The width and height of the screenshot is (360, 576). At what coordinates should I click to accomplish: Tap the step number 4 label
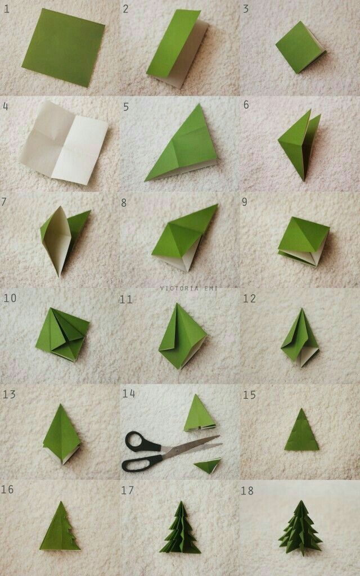6,105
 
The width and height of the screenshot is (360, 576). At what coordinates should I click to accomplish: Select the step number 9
245,201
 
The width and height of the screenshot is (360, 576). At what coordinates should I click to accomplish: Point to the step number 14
129,394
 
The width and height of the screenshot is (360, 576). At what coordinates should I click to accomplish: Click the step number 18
247,490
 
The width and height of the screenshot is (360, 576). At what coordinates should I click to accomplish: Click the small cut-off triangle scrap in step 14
208,465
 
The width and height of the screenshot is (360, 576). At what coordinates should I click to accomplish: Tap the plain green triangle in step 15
301,432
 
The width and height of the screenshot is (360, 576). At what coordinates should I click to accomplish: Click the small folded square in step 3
300,47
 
